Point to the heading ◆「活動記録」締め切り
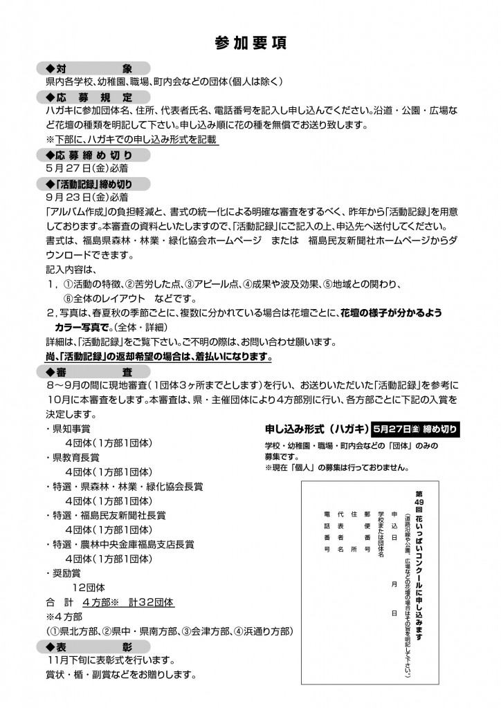90,183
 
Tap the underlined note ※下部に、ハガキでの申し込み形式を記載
131,139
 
